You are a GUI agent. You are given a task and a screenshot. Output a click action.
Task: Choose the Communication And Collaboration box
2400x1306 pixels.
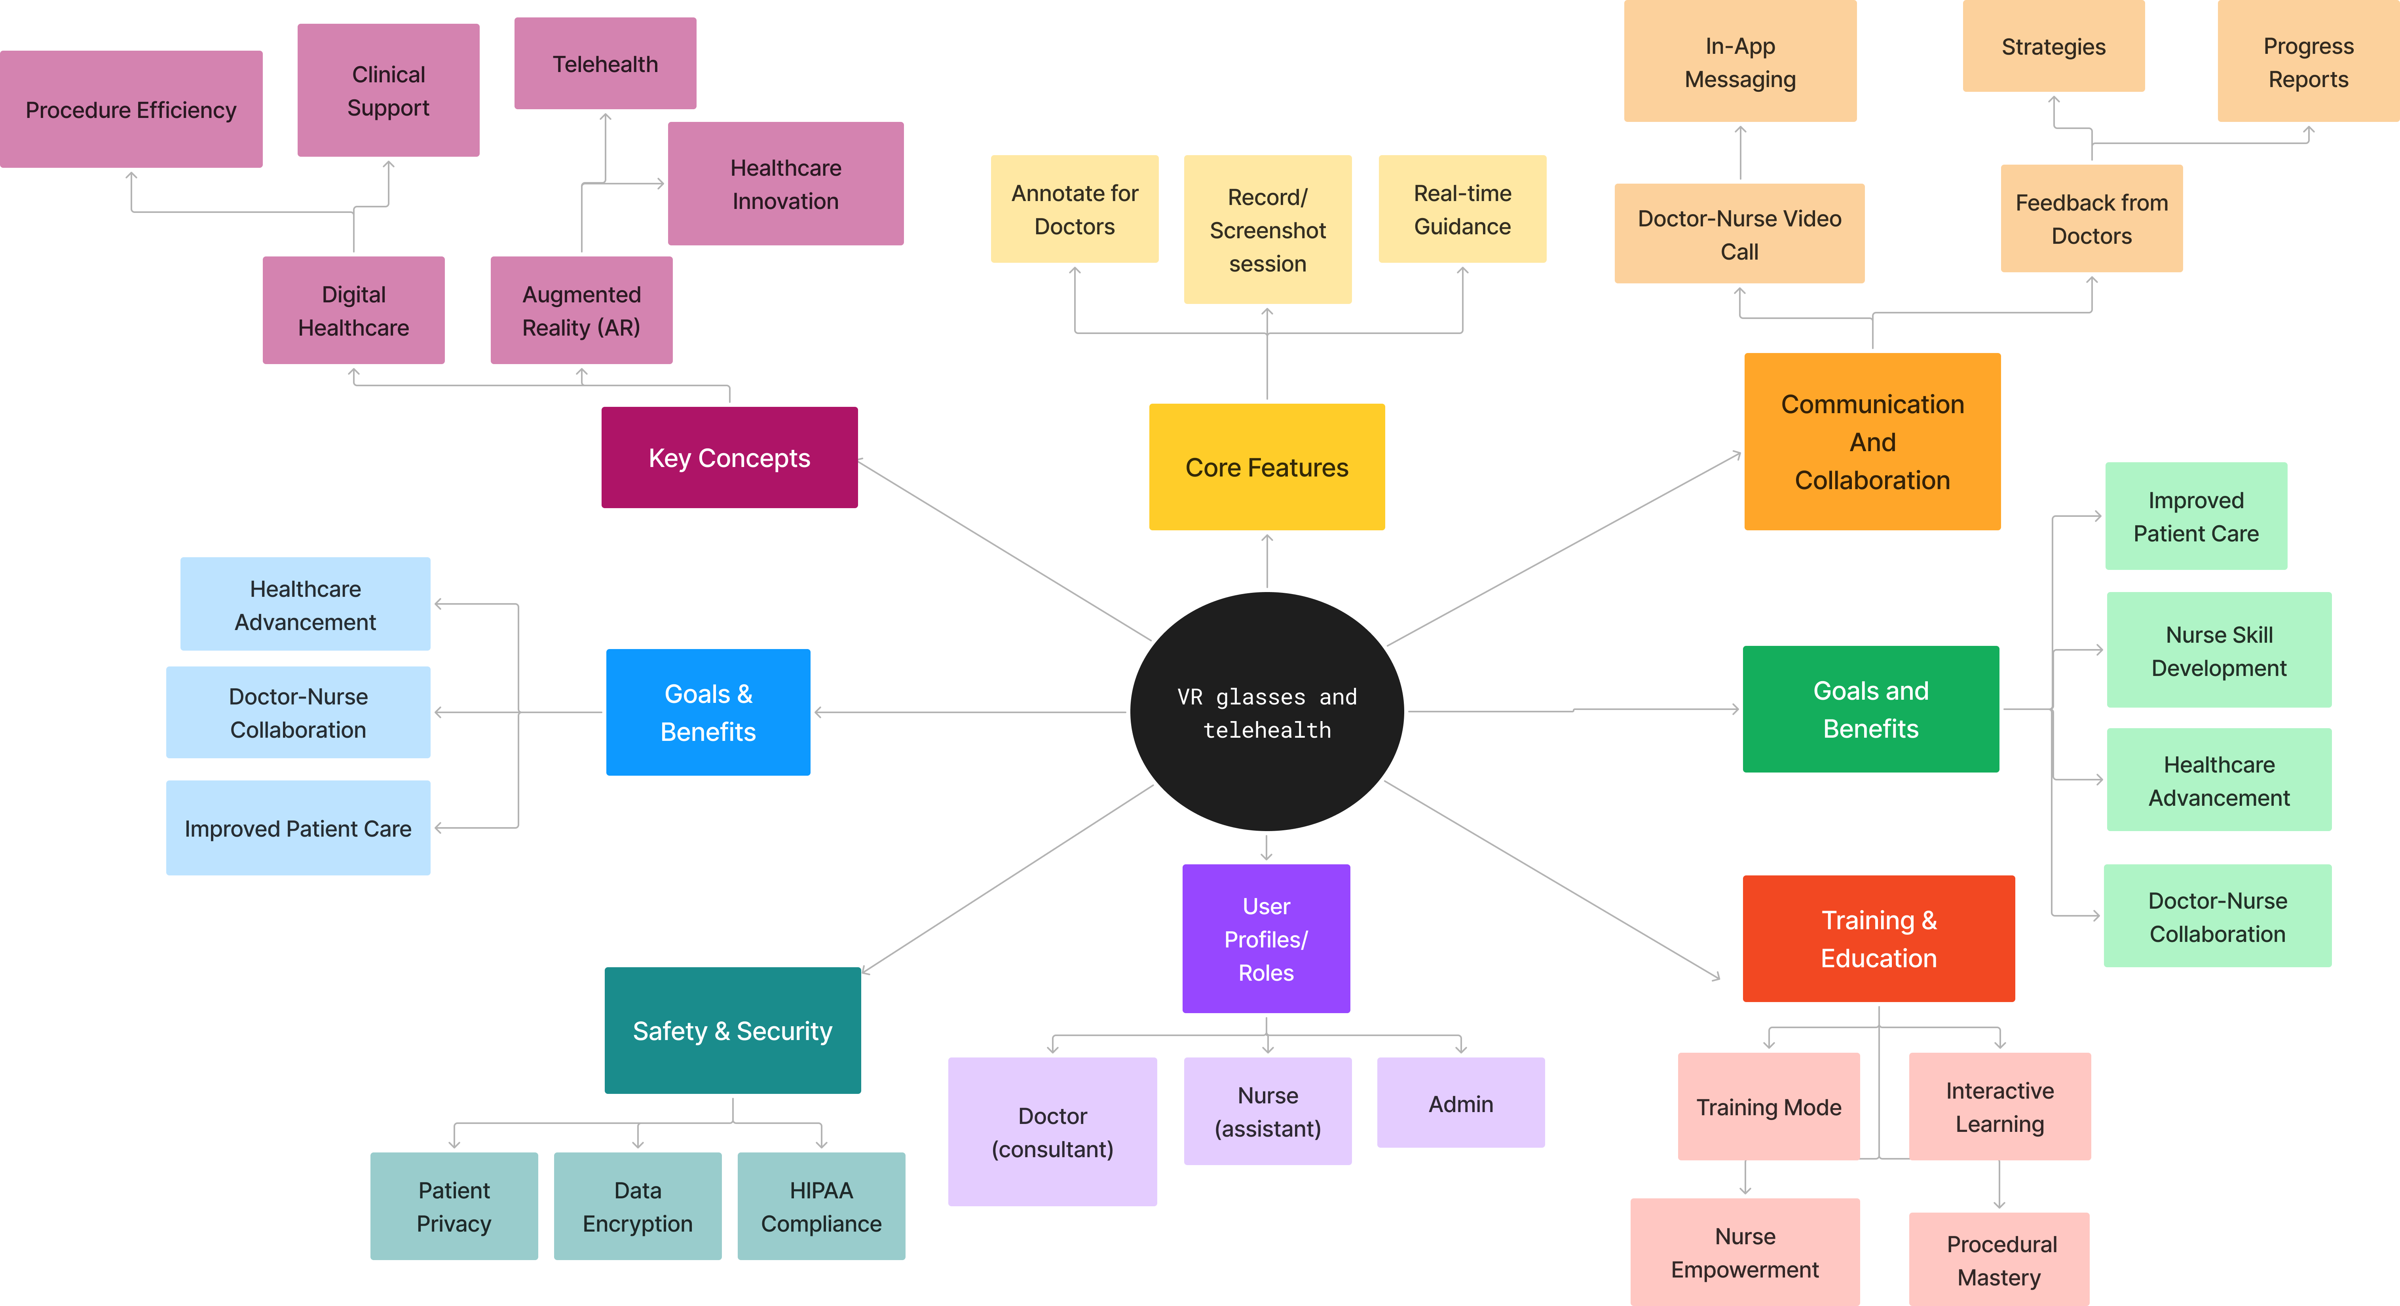1872,442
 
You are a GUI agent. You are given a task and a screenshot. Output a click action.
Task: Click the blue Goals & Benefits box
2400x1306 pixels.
708,713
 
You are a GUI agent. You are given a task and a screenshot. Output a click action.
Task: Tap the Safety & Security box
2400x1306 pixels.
732,1030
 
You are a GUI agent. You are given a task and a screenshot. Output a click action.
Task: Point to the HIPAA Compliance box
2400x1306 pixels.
821,1206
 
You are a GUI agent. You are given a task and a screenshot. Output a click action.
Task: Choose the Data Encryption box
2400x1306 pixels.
637,1206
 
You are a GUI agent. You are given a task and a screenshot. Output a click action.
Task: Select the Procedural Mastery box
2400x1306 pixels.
1999,1259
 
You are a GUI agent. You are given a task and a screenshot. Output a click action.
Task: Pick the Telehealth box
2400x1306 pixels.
605,63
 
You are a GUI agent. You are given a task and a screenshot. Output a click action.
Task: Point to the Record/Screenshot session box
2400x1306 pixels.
1267,229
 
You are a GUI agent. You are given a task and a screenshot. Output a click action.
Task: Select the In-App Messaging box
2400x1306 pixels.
1739,61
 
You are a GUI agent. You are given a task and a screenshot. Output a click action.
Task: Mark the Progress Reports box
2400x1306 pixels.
2308,61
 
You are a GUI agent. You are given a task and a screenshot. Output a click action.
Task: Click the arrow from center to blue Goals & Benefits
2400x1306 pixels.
969,713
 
